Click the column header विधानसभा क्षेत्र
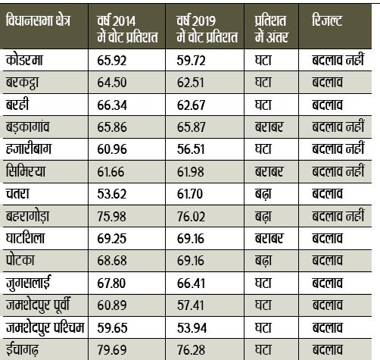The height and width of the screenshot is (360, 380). coord(38,20)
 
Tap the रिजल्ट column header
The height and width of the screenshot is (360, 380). coord(327,20)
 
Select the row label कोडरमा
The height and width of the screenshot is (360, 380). coord(24,60)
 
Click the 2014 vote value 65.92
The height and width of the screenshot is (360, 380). coord(112,61)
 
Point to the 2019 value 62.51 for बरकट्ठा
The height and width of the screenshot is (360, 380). coord(191,83)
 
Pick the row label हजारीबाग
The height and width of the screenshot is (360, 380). coord(29,149)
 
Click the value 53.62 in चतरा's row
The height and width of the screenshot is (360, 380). coord(112,194)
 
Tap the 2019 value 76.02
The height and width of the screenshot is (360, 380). coord(191,217)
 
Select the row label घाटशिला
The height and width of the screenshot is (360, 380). coord(25,238)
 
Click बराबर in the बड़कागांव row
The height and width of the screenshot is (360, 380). coord(269,127)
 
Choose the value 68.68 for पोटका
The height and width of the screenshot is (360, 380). coord(112,261)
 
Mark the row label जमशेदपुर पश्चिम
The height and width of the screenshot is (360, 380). coord(45,327)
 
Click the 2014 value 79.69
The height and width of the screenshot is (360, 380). coord(112,350)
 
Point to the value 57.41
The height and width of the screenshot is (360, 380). coord(191,305)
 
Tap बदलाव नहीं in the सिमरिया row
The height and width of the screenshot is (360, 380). coord(338,171)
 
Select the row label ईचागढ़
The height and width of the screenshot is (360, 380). coord(22,349)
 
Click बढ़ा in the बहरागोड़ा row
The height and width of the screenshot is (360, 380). coord(263,216)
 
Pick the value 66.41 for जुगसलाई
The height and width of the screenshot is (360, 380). coord(191,283)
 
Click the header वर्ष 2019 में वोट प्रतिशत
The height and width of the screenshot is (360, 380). coord(207,29)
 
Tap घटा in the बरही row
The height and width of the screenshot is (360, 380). coord(263,105)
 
